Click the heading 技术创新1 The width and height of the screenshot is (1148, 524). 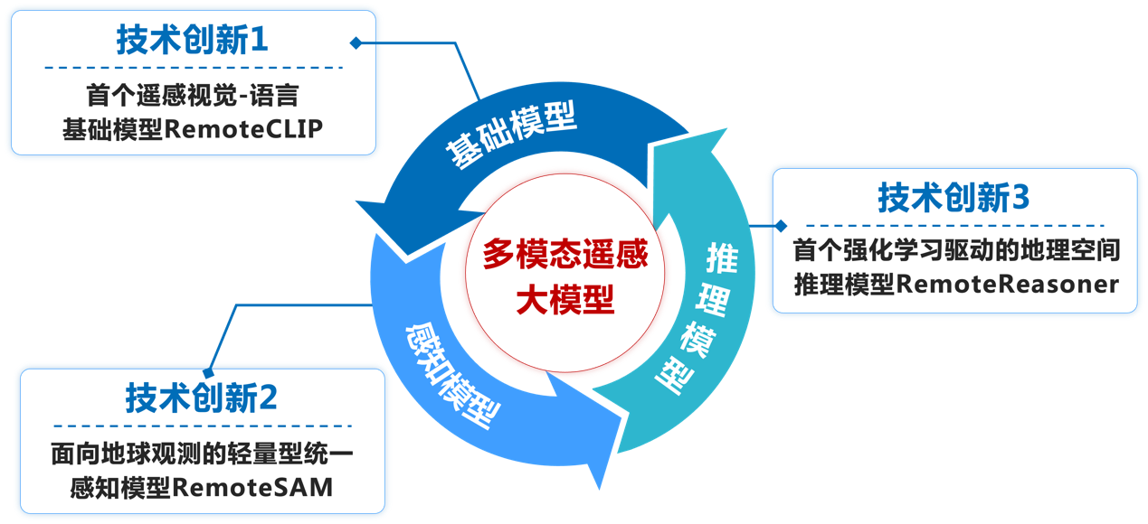tap(193, 40)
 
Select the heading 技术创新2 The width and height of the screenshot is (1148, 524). tap(201, 398)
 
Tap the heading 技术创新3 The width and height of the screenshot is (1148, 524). tap(954, 198)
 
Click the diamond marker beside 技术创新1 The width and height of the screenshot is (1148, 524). tap(356, 42)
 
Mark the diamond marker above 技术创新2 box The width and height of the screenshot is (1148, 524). tap(209, 371)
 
